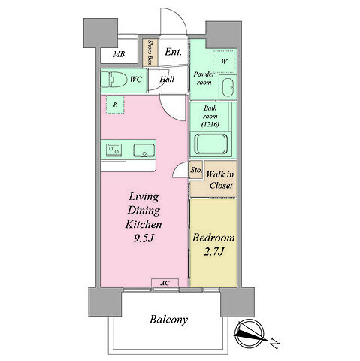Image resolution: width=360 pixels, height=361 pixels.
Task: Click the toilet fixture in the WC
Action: click(113, 79)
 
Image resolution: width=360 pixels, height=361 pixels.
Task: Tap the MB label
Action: click(119, 54)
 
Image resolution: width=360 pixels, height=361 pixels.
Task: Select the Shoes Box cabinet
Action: click(150, 53)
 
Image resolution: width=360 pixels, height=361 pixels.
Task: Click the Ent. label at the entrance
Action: click(173, 52)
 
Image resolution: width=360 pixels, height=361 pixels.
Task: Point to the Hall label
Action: click(167, 79)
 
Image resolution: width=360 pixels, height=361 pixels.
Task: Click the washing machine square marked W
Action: click(224, 62)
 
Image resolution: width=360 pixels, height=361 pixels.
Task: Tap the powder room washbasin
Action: click(228, 87)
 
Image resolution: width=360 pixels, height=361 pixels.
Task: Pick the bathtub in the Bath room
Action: click(211, 144)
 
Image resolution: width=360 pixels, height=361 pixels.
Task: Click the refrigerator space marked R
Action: click(115, 105)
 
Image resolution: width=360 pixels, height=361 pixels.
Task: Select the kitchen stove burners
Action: click(113, 150)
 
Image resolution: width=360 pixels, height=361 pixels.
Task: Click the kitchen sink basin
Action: click(144, 150)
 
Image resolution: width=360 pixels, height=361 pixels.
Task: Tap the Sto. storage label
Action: click(196, 170)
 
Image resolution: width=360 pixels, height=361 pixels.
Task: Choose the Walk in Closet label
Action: click(220, 180)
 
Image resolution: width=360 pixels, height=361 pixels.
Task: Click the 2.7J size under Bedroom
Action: click(213, 251)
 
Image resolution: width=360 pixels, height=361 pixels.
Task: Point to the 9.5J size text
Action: click(144, 238)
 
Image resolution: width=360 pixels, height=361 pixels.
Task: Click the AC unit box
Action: click(165, 283)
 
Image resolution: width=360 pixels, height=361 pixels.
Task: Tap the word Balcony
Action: click(168, 320)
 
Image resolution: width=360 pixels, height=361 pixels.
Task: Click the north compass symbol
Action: click(249, 333)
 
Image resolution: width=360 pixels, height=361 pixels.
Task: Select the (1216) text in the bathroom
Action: click(210, 124)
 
